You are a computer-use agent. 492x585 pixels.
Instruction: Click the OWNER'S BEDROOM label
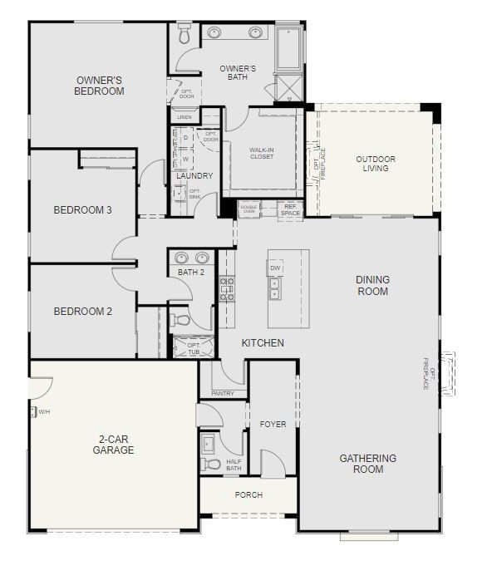pos(99,86)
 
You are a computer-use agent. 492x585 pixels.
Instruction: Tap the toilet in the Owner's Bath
pos(184,36)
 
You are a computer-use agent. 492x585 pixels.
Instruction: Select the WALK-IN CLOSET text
pos(262,154)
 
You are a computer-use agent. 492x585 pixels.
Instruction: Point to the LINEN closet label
pos(184,117)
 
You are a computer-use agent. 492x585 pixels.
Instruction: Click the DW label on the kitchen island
pos(275,268)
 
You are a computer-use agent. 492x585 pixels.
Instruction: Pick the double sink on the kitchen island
pos(273,288)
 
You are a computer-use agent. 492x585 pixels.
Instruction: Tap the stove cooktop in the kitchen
pos(226,288)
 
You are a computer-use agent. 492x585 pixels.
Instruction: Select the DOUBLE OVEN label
pos(248,209)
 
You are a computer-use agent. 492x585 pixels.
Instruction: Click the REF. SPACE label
pos(290,209)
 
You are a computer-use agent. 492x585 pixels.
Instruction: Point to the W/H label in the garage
pos(45,410)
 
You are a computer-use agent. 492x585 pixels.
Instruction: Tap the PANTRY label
pos(223,393)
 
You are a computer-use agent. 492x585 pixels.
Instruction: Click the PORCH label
pos(248,494)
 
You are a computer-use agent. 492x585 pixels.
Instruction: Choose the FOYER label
pos(273,424)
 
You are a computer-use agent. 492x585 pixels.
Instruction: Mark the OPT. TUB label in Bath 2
pos(194,348)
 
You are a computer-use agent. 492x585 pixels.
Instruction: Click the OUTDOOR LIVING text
pos(375,164)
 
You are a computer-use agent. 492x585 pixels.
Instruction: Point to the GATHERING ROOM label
pos(368,464)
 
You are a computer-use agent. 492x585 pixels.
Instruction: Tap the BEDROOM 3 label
pos(82,210)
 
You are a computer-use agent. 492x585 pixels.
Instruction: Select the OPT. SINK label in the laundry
pos(194,194)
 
